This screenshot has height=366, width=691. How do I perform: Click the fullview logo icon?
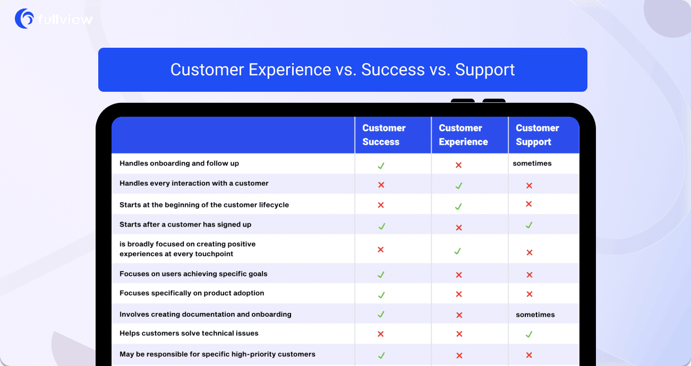point(24,19)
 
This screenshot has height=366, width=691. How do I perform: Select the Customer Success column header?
point(383,135)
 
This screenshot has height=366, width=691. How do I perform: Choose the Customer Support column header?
point(537,135)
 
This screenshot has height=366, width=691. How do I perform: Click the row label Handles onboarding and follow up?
point(179,163)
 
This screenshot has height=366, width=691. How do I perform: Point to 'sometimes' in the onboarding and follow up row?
point(532,163)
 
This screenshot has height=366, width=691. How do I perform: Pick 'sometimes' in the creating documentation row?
point(535,315)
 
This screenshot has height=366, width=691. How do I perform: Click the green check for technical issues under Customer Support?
point(528,334)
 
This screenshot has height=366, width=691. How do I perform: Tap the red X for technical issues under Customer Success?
point(380,334)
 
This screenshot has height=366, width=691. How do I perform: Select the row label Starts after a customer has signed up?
point(185,224)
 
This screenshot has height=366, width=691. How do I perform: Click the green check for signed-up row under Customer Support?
point(528,225)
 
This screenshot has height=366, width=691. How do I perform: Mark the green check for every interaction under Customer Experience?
point(458,186)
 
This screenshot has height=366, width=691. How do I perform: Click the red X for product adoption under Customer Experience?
point(459,294)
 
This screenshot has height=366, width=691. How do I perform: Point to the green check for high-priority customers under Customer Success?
point(381,355)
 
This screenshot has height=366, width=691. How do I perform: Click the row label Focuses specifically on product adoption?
point(192,293)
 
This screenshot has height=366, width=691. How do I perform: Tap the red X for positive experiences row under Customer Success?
point(380,249)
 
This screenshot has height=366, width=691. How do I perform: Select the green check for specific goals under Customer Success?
point(381,274)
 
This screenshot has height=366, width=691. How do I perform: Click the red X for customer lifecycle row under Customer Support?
point(528,204)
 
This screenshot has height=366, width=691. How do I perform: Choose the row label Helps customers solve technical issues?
point(189,333)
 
